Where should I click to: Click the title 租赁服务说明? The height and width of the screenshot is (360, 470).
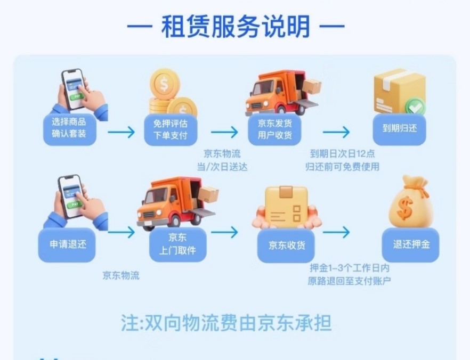coord(236,26)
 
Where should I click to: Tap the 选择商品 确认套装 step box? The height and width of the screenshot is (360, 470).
coord(69,129)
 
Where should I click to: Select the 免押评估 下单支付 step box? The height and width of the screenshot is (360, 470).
coord(171,130)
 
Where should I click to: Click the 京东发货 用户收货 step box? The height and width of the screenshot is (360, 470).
coord(274,130)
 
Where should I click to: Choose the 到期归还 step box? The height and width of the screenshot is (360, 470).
coord(399,129)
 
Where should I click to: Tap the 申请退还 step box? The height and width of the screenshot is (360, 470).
coord(67,244)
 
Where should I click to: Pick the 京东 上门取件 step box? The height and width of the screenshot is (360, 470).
coord(178,244)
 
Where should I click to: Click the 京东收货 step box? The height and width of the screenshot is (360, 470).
coord(286,246)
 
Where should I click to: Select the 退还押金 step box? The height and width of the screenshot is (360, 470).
coord(411,244)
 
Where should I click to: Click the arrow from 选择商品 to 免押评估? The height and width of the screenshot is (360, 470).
coord(121,132)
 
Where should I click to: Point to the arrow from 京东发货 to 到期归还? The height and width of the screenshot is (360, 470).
coord(336,132)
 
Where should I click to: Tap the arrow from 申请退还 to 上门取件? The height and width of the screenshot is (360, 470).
coord(121,232)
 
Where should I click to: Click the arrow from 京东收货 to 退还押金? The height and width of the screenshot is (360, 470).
coord(336,232)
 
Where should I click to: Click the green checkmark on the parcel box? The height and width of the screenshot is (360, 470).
coord(415,107)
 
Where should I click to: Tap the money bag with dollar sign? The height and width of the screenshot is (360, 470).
coord(411,201)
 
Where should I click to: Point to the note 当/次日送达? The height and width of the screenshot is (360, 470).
coord(222,167)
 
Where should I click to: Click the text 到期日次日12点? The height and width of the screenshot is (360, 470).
coord(342,154)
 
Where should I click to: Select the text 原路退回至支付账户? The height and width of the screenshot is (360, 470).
coord(349,281)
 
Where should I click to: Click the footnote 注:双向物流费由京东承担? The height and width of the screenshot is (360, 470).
coord(226,323)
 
